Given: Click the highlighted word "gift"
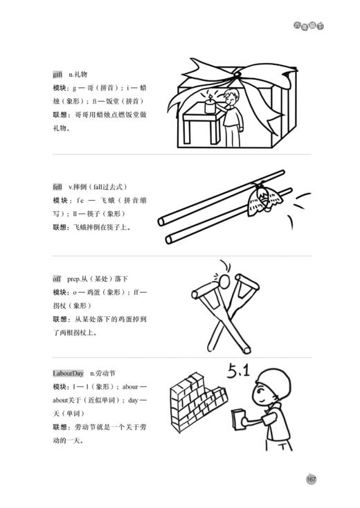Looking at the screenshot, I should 57,74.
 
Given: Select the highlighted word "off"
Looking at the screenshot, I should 57,278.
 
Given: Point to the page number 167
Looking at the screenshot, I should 311,479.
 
